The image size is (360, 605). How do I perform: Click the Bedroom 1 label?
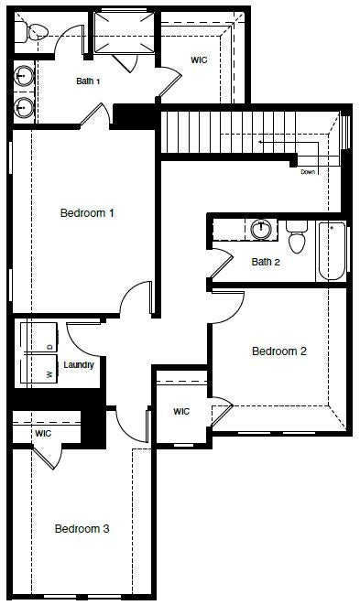pyautogui.click(x=87, y=212)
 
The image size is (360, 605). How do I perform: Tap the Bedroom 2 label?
pyautogui.click(x=278, y=351)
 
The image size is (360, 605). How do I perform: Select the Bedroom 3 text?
pyautogui.click(x=82, y=528)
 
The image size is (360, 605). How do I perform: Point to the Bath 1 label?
pyautogui.click(x=88, y=81)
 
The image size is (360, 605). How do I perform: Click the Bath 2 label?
pyautogui.click(x=266, y=262)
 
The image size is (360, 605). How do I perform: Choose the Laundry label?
pyautogui.click(x=79, y=365)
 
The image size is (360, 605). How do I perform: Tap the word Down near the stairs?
pyautogui.click(x=308, y=172)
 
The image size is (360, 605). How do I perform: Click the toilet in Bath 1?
pyautogui.click(x=32, y=32)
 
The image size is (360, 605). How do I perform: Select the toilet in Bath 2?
pyautogui.click(x=297, y=237)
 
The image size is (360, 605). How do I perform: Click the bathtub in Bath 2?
pyautogui.click(x=332, y=251)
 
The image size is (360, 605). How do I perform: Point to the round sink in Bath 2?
pyautogui.click(x=260, y=229)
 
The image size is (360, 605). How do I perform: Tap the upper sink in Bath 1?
pyautogui.click(x=24, y=76)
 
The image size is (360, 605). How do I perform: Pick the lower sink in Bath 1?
pyautogui.click(x=24, y=106)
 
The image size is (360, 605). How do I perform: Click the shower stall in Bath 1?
pyautogui.click(x=124, y=32)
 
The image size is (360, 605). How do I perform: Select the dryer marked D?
pyautogui.click(x=40, y=338)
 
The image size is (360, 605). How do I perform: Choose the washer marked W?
pyautogui.click(x=40, y=369)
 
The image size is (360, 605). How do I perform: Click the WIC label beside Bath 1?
pyautogui.click(x=199, y=59)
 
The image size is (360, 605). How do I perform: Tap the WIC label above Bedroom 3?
pyautogui.click(x=43, y=434)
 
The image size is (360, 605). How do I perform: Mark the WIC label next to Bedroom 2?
pyautogui.click(x=181, y=411)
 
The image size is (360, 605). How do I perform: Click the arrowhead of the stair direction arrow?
pyautogui.click(x=261, y=142)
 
